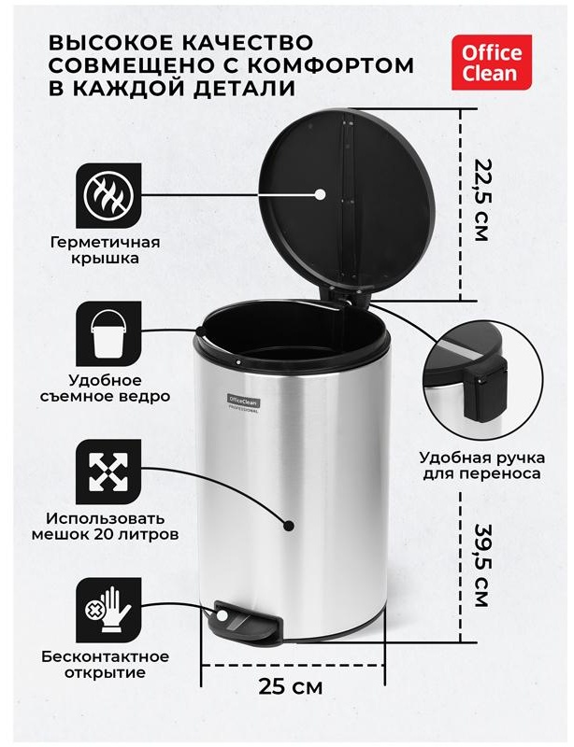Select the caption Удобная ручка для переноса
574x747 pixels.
click(x=480, y=465)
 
